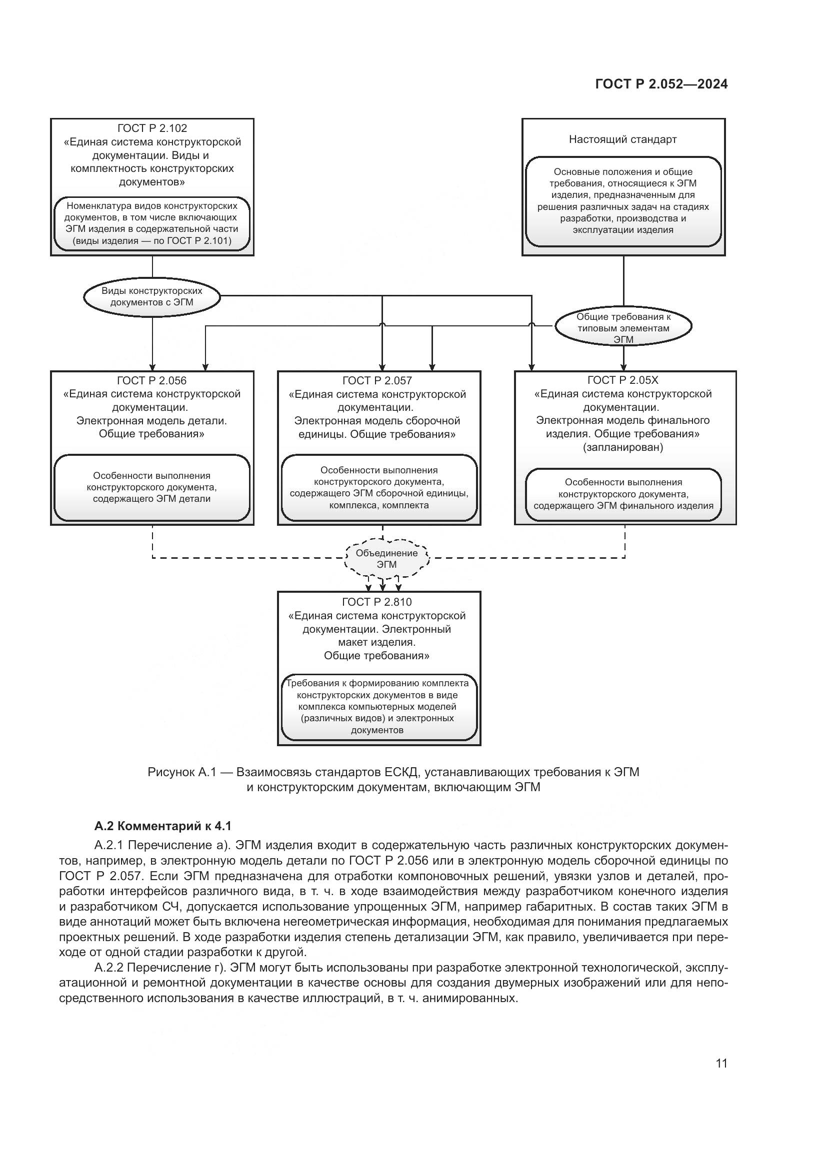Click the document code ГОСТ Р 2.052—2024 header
pos(661,84)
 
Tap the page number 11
pos(721,1063)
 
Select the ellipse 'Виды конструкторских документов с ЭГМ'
pos(152,297)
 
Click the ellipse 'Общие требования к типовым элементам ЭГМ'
pos(623,328)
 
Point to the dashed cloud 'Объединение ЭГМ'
pos(386,559)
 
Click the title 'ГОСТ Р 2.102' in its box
pos(152,128)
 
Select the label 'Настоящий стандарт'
pos(623,139)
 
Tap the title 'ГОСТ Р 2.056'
pos(152,380)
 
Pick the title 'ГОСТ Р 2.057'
pos(377,380)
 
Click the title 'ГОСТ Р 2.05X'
pos(623,380)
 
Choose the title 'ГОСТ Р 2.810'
pos(377,602)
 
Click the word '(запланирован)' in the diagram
pos(623,447)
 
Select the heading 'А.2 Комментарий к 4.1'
pos(163,826)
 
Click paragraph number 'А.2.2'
pos(109,968)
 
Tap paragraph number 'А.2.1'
pos(109,846)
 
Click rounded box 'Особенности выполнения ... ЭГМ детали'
pos(152,487)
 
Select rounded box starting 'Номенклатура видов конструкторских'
pos(152,223)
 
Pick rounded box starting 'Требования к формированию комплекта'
pos(379,707)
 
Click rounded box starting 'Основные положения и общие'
pos(623,201)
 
